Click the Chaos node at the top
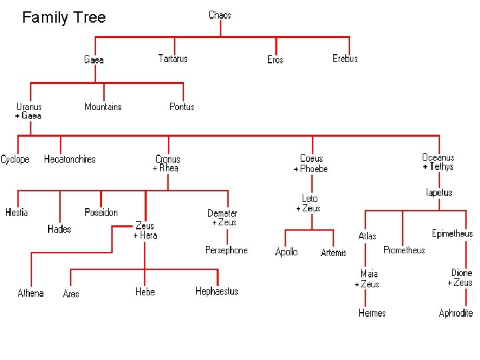click(220, 15)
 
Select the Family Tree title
click(64, 17)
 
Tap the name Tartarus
click(173, 59)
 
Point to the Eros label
click(275, 60)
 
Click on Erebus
click(345, 59)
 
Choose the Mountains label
click(103, 107)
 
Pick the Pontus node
click(182, 107)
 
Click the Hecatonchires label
click(70, 159)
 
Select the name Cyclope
click(15, 159)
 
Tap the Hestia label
click(17, 213)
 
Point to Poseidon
click(101, 213)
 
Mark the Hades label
click(59, 229)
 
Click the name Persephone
click(227, 250)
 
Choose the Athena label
click(31, 293)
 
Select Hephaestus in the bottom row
click(217, 291)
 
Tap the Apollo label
click(287, 252)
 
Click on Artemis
click(333, 253)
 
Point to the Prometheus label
click(404, 250)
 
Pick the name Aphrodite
click(456, 313)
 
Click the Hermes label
click(372, 313)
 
